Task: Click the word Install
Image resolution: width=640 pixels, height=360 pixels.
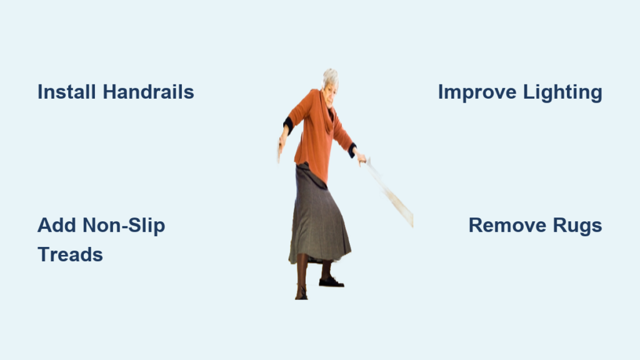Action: (x=67, y=92)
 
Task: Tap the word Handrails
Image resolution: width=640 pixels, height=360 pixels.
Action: (x=148, y=92)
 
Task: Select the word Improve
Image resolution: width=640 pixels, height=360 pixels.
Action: (x=477, y=92)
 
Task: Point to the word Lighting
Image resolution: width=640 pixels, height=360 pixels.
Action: (x=562, y=92)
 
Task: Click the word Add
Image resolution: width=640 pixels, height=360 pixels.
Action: (x=57, y=225)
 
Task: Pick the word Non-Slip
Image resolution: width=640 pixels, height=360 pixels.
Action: (x=124, y=226)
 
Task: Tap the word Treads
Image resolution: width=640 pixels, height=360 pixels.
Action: (x=70, y=255)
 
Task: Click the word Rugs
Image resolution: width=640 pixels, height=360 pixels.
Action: (x=577, y=226)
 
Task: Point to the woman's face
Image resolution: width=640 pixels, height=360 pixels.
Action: (x=330, y=95)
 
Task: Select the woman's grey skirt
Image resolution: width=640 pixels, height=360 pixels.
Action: (x=318, y=216)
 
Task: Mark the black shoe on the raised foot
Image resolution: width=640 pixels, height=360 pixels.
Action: (x=331, y=282)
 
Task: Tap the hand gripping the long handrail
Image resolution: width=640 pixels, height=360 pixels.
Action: (x=360, y=157)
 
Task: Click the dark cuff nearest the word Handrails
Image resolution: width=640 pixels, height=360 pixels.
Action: (x=288, y=125)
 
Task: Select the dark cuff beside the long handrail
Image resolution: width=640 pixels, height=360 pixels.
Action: (x=352, y=150)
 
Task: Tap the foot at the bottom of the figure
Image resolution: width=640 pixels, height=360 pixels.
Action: (x=301, y=293)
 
